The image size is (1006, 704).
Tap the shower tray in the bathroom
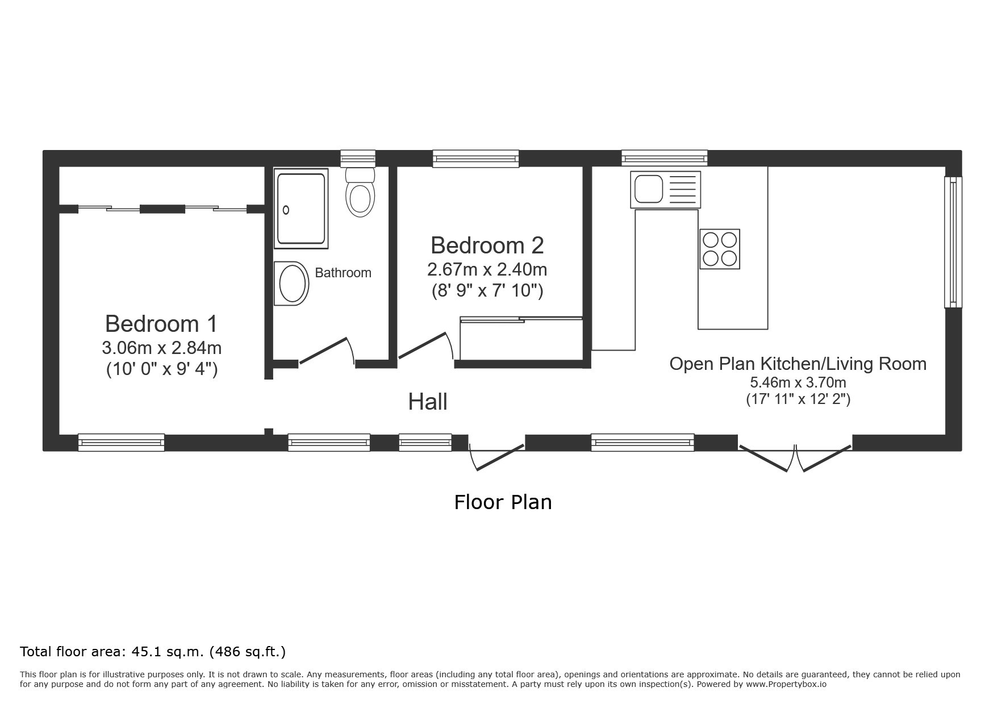tap(301, 209)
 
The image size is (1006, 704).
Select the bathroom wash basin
tap(291, 284)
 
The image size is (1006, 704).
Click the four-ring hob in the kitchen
tap(720, 249)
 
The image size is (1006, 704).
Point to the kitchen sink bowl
tap(649, 189)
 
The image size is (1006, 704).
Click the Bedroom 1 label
tap(161, 324)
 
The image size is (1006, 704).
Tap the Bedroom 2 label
tap(487, 245)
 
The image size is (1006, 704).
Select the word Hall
tap(428, 402)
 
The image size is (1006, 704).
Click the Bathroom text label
tap(343, 273)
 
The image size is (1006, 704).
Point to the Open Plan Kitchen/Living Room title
tap(798, 364)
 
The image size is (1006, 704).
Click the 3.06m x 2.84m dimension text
tap(162, 347)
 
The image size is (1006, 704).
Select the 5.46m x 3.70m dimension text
tap(798, 382)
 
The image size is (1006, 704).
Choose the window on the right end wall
tap(953, 242)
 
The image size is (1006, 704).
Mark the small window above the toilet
tap(358, 159)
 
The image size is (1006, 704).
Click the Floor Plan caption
tap(503, 502)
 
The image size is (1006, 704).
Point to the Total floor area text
tap(153, 652)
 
